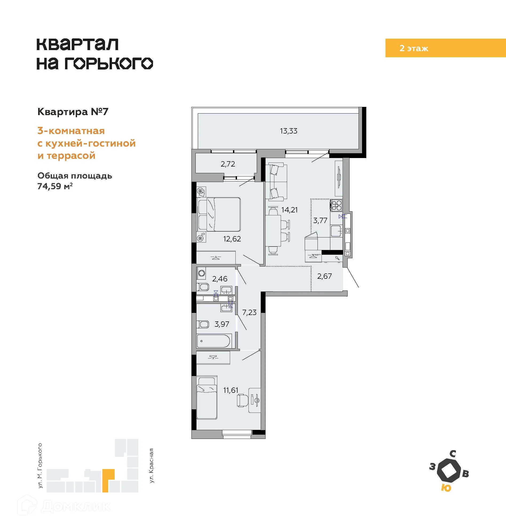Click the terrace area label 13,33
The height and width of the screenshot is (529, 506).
288,131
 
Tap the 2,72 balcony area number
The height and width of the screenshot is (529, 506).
228,164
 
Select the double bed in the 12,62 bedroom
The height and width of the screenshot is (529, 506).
219,214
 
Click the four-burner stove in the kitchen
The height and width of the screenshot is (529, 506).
337,205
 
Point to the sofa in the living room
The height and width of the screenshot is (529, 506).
276,182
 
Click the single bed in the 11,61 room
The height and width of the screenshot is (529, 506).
207,397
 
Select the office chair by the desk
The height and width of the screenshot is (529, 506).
242,400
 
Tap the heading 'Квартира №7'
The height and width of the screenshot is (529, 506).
73,112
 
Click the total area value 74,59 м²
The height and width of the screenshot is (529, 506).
55,186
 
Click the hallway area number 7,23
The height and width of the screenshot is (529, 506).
249,312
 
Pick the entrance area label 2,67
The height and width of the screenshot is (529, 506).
324,276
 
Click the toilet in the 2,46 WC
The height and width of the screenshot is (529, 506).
203,287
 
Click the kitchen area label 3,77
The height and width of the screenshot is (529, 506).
320,221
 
